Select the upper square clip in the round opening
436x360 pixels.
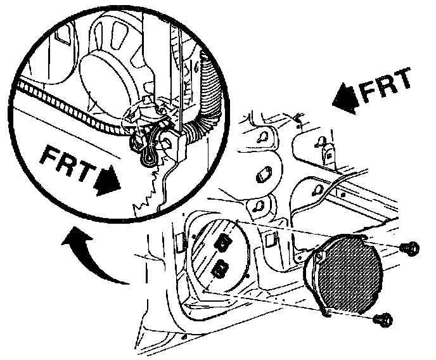(224, 241)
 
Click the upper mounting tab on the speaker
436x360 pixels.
(364, 240)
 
